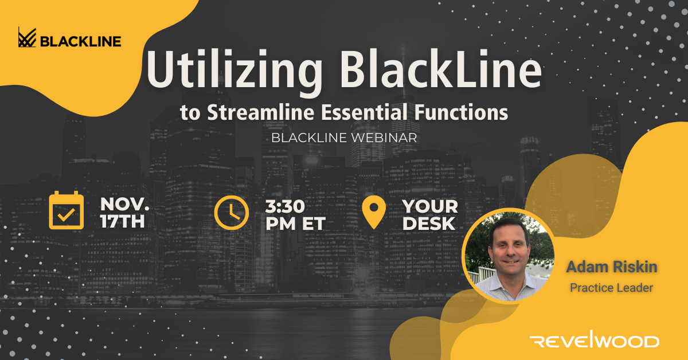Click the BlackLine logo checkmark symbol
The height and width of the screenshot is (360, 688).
click(27, 37)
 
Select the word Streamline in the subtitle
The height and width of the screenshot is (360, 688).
click(261, 112)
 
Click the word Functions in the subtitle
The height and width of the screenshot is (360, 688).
click(461, 112)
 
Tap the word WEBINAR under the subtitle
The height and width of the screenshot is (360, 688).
click(384, 138)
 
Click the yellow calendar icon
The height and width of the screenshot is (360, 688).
click(67, 210)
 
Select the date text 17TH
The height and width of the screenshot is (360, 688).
click(123, 221)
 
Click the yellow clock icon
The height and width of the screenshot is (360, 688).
click(231, 213)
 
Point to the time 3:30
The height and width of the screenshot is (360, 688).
click(285, 206)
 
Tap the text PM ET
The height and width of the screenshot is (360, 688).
click(295, 224)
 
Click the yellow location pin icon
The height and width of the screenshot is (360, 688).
click(374, 212)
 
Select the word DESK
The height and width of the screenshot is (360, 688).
click(429, 224)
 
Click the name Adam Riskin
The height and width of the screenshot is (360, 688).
click(612, 267)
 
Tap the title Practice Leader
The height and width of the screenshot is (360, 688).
click(612, 288)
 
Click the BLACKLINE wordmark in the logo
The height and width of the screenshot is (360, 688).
click(81, 42)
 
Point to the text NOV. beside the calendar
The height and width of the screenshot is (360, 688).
click(124, 204)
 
